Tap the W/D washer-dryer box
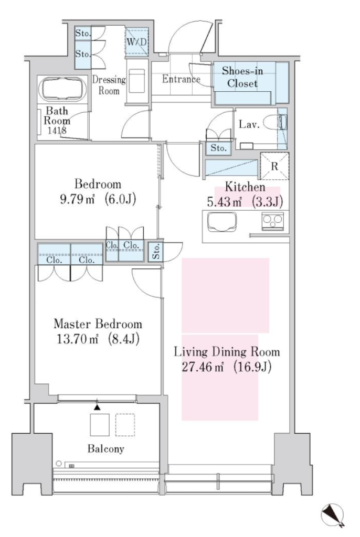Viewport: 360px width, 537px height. coord(136,42)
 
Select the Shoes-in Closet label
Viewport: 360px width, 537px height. coord(242,77)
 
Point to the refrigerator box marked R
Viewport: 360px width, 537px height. coord(274,166)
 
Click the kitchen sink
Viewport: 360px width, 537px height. coord(222,222)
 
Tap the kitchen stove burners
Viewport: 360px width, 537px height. coord(272,221)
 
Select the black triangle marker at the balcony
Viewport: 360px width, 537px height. coord(98,407)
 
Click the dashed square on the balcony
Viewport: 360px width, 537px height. coord(125,425)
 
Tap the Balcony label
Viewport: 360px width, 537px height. coord(105,449)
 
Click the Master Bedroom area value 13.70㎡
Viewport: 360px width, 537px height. coord(78,339)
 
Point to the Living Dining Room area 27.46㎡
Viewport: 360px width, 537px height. coord(203,367)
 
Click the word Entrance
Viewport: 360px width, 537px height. coord(181,79)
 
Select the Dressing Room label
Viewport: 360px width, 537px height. coord(109,85)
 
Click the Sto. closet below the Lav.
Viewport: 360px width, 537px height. coord(219,148)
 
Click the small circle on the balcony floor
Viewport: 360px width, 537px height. coord(59,464)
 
